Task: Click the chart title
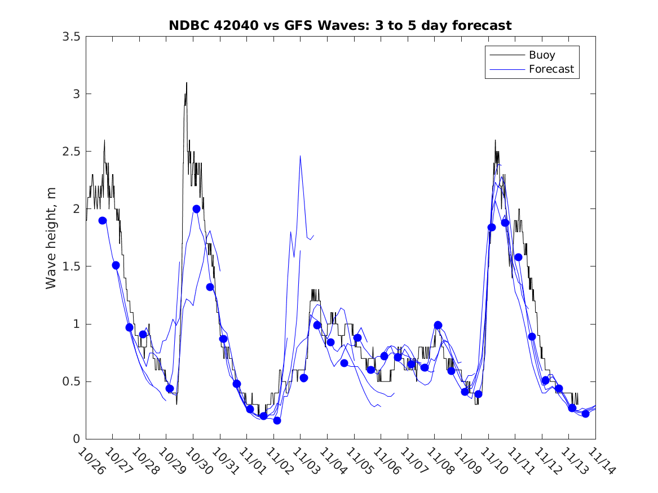[340, 25]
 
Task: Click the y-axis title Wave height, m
[51, 237]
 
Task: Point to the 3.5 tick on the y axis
[72, 37]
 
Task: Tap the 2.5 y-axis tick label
[72, 152]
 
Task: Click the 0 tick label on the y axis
[76, 439]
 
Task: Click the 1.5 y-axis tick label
[72, 267]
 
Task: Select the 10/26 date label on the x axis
[90, 461]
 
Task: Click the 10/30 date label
[197, 461]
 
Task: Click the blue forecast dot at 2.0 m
[196, 208]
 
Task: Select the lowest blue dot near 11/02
[277, 420]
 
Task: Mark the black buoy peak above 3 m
[186, 83]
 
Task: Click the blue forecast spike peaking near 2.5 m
[300, 156]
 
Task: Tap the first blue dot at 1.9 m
[103, 220]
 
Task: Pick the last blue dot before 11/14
[585, 414]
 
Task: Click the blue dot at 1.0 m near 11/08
[438, 325]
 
